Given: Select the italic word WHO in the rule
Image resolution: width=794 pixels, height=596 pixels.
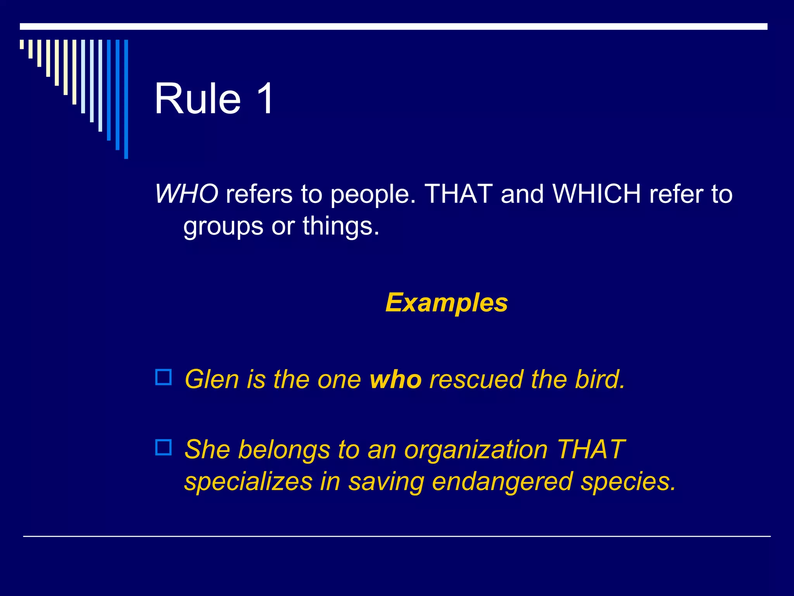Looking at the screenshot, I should pos(186,194).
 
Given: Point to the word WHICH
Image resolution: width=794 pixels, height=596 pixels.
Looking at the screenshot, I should pos(597,194).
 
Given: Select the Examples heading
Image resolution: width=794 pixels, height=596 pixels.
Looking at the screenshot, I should pos(447,303).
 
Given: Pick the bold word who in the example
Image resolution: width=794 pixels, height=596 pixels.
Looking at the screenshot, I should pos(395,379).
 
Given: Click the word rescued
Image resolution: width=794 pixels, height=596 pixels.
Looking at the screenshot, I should pos(476,379).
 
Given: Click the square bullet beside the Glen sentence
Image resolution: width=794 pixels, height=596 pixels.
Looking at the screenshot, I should pos(164,377).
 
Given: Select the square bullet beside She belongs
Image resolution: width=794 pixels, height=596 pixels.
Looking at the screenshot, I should pos(164,447).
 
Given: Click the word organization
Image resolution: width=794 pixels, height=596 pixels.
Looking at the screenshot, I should pos(476,450).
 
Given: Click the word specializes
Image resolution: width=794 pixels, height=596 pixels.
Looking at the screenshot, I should pos(249,482).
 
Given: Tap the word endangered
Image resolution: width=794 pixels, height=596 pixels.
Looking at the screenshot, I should pos(502,482).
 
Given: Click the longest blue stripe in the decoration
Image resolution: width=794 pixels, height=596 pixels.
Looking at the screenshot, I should pos(126,99).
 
